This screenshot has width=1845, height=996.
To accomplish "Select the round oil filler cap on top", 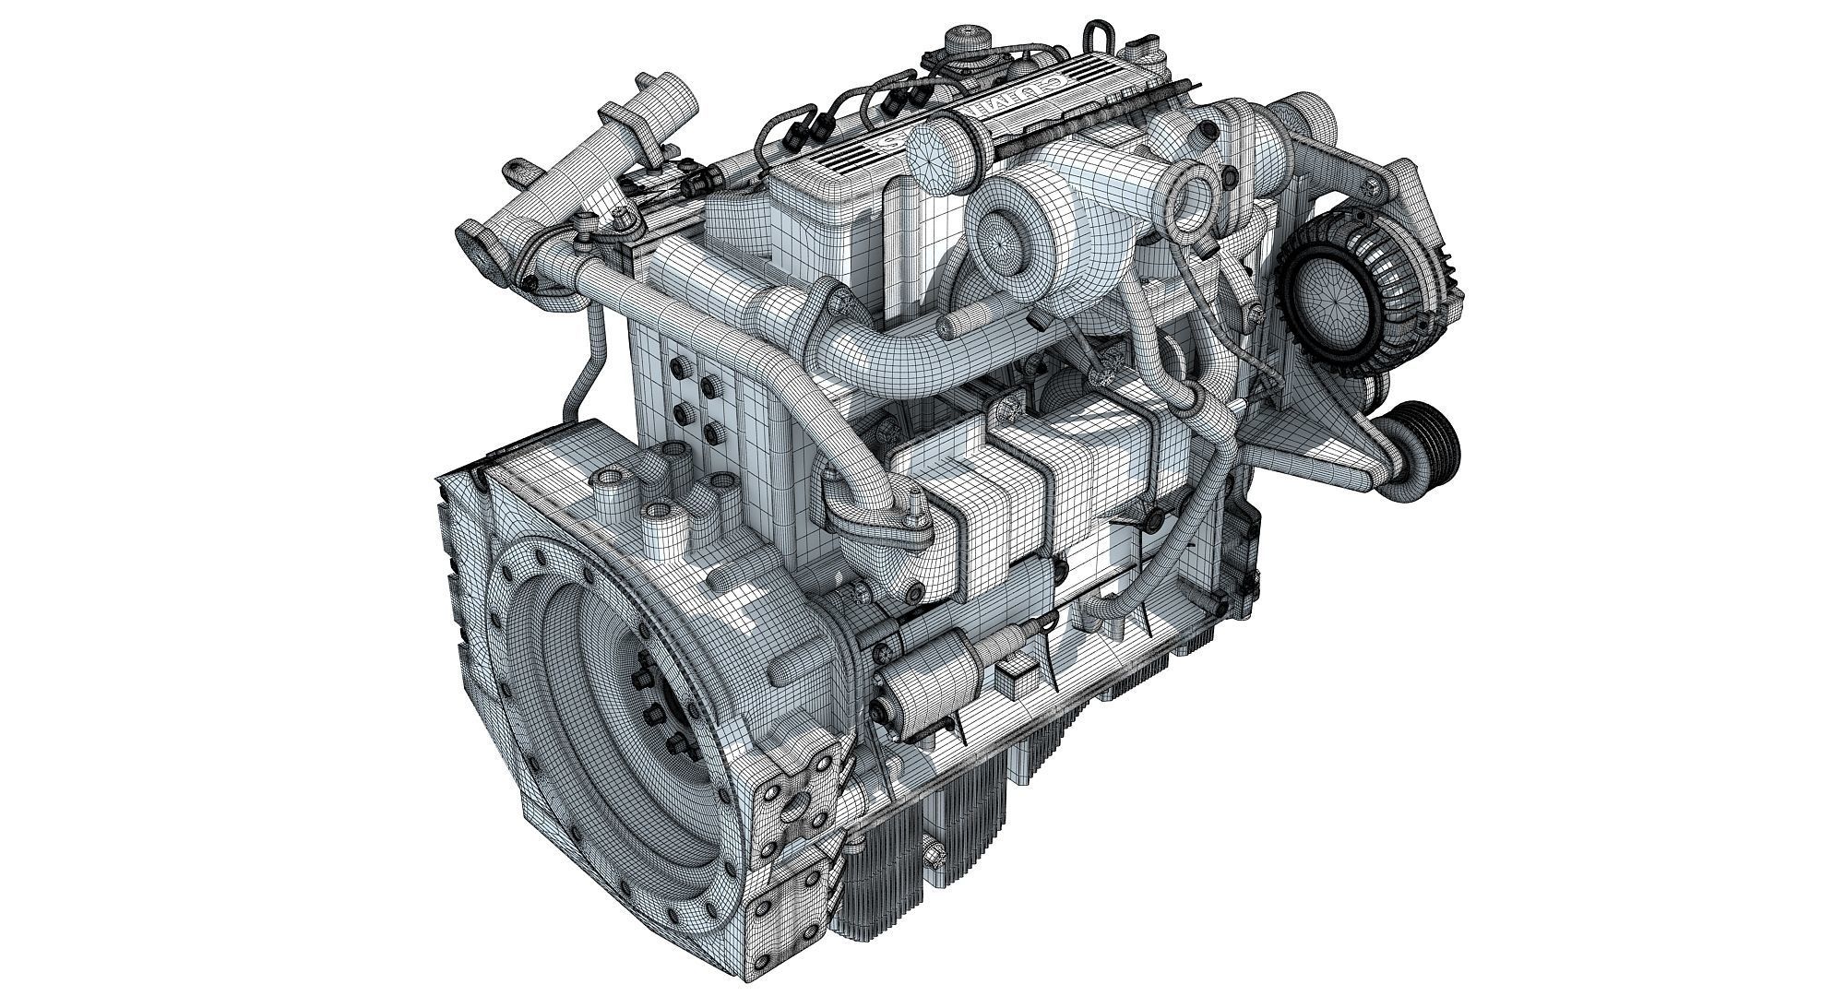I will click(x=967, y=43).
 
